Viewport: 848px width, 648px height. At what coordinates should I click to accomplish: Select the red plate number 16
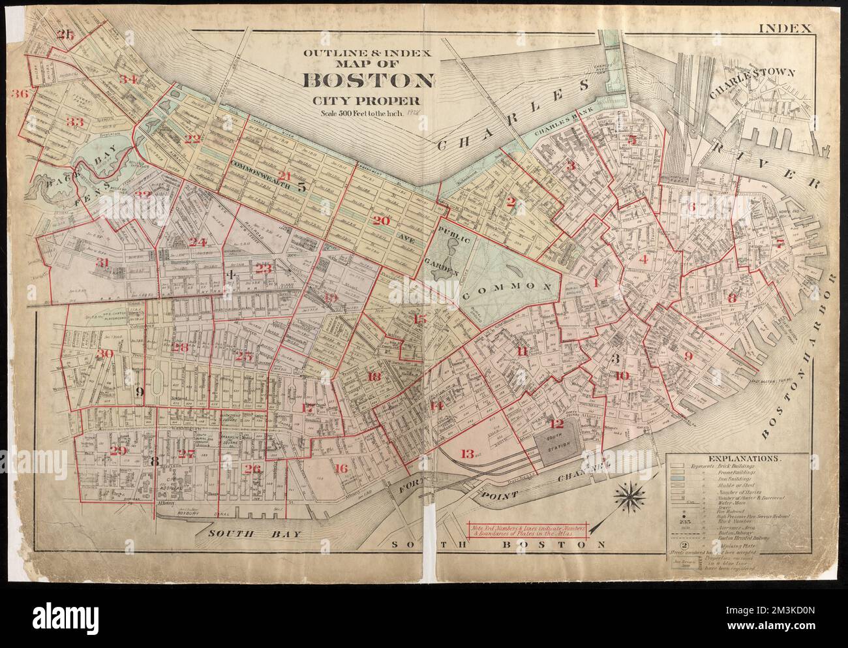coord(341,469)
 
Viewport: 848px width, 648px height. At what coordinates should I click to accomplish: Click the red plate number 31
coord(103,262)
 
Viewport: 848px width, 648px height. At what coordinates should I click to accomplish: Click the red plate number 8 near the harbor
coord(732,298)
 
